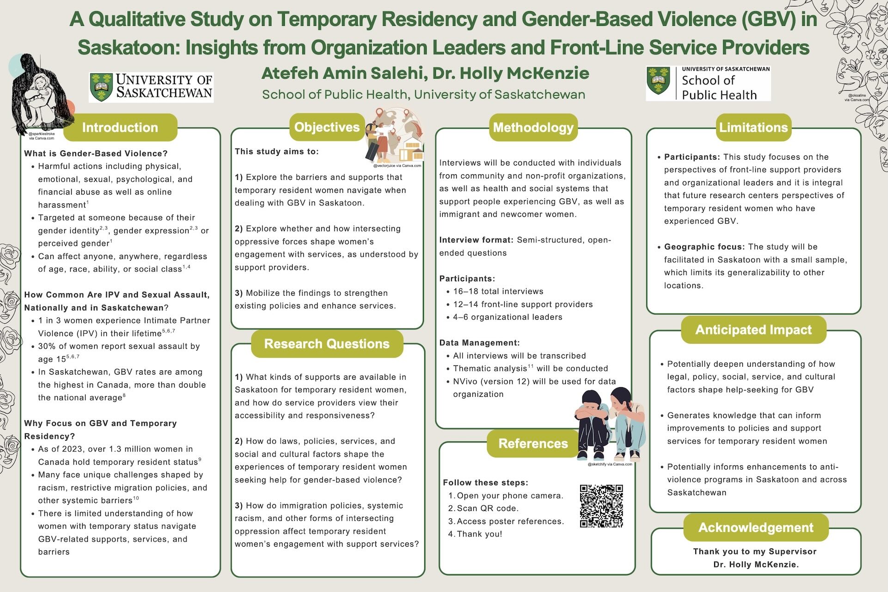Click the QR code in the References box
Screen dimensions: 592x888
click(601, 506)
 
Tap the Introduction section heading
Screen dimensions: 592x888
click(120, 127)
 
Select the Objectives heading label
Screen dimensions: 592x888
click(327, 127)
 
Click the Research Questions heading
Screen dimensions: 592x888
click(327, 344)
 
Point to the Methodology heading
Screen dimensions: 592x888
click(533, 127)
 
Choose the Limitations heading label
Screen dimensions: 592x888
click(753, 127)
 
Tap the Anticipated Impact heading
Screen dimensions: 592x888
click(753, 330)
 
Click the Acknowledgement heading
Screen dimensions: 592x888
click(756, 527)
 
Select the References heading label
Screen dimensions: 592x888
click(533, 444)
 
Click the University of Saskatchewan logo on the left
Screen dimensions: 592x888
click(151, 86)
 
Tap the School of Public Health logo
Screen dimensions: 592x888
click(708, 84)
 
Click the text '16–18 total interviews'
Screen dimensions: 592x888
click(498, 291)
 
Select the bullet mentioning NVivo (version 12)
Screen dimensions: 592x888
click(534, 388)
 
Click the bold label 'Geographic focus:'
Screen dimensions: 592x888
click(704, 247)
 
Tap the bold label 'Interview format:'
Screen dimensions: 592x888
click(476, 240)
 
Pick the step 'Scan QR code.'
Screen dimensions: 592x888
click(488, 508)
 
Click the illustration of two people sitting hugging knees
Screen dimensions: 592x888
click(609, 423)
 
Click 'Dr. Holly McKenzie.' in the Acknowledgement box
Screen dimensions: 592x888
click(756, 564)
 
